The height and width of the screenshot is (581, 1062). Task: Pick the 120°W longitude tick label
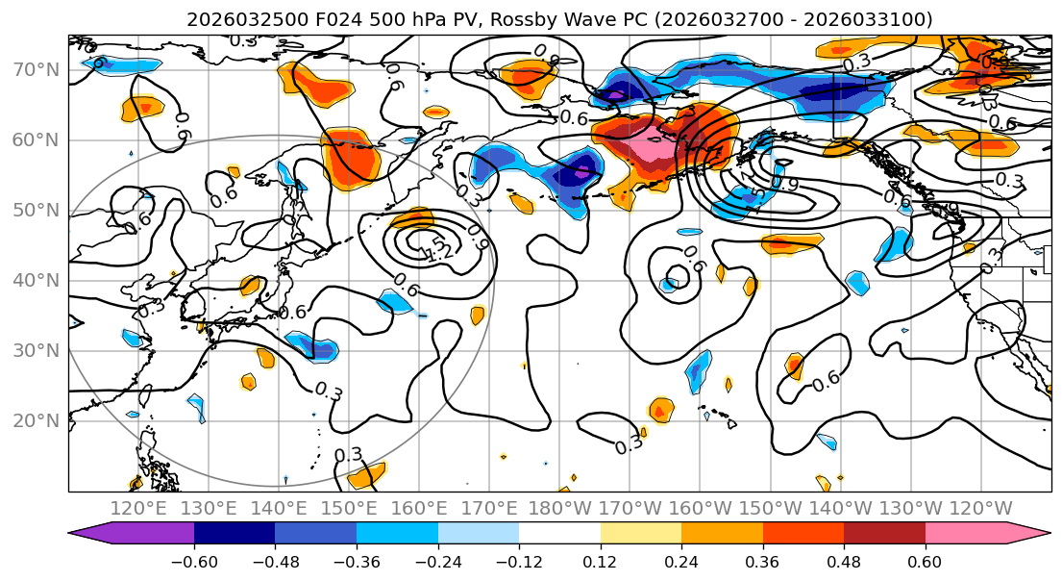pyautogui.click(x=980, y=508)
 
